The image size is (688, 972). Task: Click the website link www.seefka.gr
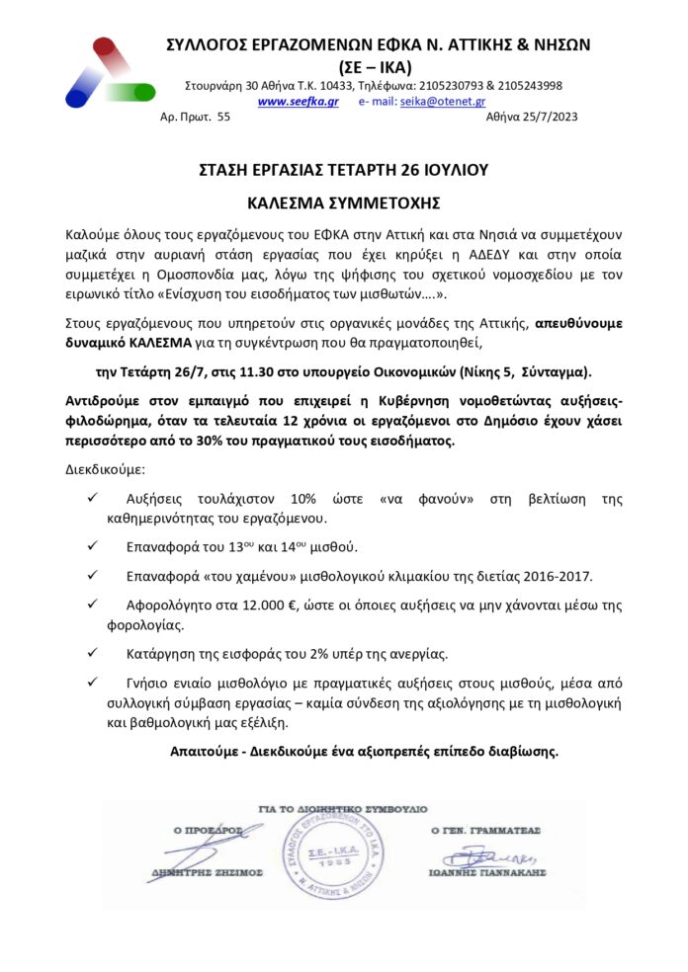click(298, 102)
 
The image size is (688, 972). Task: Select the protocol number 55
click(222, 118)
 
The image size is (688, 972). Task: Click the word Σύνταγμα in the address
click(553, 371)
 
